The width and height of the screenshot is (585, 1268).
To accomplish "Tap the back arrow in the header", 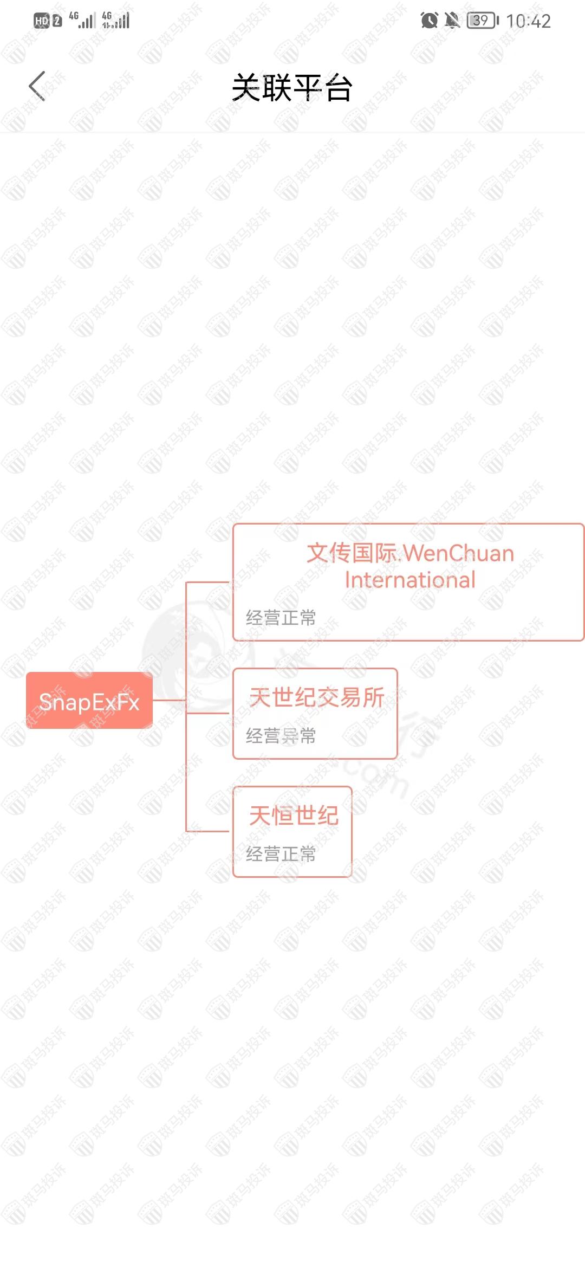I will point(37,86).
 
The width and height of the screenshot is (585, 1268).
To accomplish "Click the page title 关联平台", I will point(292,88).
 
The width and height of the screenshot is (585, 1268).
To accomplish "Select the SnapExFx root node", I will point(89,701).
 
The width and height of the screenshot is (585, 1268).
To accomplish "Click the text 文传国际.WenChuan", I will point(410,553).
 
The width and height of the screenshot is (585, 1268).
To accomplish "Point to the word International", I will point(410,580).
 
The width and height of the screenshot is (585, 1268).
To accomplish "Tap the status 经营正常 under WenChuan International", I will point(281,617).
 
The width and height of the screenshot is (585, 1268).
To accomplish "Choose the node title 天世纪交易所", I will point(317,697).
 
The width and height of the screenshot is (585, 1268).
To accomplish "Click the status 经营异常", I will point(281,735).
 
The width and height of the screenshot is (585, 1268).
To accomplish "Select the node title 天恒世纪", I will point(294,816).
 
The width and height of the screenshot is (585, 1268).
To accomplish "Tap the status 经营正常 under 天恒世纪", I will point(281,853).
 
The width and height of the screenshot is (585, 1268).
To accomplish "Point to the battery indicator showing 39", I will point(482,21).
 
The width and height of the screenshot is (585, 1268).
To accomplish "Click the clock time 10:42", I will point(528,21).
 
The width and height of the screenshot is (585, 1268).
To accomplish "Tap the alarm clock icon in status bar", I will point(429,21).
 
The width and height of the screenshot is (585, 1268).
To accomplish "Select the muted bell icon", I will point(452,21).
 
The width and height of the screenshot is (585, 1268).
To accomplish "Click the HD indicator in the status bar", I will point(42,21).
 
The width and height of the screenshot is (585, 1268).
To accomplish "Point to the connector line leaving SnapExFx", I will point(169,700).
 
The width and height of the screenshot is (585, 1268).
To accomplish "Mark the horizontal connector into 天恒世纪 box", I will point(209,831).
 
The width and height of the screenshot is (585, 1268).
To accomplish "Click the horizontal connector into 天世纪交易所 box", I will point(209,713).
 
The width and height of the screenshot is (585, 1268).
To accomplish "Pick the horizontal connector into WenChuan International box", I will point(209,582).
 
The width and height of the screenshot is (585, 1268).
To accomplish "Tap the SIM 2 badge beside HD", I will point(57,21).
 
